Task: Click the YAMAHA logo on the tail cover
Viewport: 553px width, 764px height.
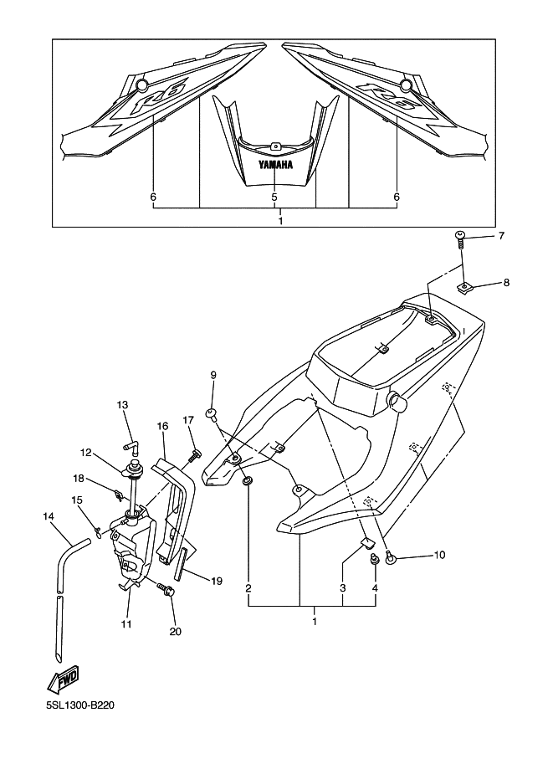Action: click(276, 165)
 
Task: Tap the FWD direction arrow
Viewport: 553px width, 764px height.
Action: click(63, 679)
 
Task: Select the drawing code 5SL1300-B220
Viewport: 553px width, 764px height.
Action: click(75, 705)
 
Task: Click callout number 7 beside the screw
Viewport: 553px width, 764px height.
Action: click(501, 236)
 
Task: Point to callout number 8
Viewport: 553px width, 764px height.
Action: click(506, 282)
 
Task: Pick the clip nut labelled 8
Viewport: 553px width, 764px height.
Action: click(465, 288)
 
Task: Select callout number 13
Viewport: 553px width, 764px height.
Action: click(122, 404)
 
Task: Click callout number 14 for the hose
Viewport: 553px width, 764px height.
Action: click(49, 516)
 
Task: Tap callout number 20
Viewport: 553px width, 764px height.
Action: click(176, 632)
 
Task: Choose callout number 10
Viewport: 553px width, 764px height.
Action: click(439, 555)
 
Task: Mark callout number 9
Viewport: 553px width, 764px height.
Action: click(213, 375)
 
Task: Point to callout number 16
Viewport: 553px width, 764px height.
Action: click(163, 426)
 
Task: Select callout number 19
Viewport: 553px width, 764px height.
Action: click(217, 581)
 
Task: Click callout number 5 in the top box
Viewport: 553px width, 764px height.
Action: click(274, 197)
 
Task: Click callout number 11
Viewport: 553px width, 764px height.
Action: click(126, 623)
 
